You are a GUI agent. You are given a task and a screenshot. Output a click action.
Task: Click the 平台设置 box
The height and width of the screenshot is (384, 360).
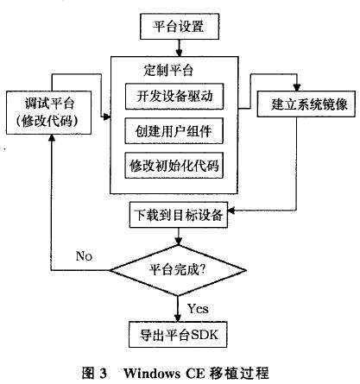pyautogui.click(x=180, y=26)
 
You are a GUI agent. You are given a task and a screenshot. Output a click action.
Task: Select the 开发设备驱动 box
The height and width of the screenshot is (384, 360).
pyautogui.click(x=174, y=97)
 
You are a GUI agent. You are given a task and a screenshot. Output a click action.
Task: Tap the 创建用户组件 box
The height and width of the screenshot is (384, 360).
pyautogui.click(x=174, y=131)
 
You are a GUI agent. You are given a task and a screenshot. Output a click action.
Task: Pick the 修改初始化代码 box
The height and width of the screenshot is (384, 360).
pyautogui.click(x=174, y=166)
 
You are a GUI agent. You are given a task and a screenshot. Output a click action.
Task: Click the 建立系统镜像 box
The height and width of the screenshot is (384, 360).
pyautogui.click(x=306, y=104)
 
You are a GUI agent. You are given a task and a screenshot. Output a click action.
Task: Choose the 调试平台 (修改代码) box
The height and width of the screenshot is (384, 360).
pyautogui.click(x=48, y=112)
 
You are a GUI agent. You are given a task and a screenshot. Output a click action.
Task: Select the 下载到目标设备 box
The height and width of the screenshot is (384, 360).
pyautogui.click(x=179, y=215)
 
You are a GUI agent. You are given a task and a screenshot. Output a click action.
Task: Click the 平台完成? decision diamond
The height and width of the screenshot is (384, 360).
pyautogui.click(x=178, y=270)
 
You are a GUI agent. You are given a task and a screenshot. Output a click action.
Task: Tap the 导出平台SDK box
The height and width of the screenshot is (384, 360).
pyautogui.click(x=178, y=334)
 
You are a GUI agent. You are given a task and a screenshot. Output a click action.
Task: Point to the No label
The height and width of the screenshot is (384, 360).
pyautogui.click(x=84, y=255)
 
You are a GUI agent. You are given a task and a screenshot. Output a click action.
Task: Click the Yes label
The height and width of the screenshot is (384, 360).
pyautogui.click(x=198, y=309)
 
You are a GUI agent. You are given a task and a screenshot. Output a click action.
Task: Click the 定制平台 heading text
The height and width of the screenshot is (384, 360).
pyautogui.click(x=168, y=71)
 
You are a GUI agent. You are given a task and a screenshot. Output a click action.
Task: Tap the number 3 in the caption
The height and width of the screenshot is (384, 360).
pyautogui.click(x=103, y=374)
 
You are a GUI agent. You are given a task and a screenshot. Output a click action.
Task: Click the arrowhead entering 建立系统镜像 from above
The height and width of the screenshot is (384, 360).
pyautogui.click(x=297, y=87)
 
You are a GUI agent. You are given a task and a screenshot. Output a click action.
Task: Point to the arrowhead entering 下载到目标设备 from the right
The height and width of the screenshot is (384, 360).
pyautogui.click(x=231, y=211)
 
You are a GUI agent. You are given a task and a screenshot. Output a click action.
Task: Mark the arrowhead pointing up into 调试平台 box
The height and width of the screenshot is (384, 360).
pyautogui.click(x=52, y=138)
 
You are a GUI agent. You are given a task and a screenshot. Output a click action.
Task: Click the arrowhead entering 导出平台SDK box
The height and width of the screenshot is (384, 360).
pyautogui.click(x=178, y=318)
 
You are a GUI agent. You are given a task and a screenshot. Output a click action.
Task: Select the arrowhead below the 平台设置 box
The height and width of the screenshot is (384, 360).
pyautogui.click(x=179, y=53)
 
